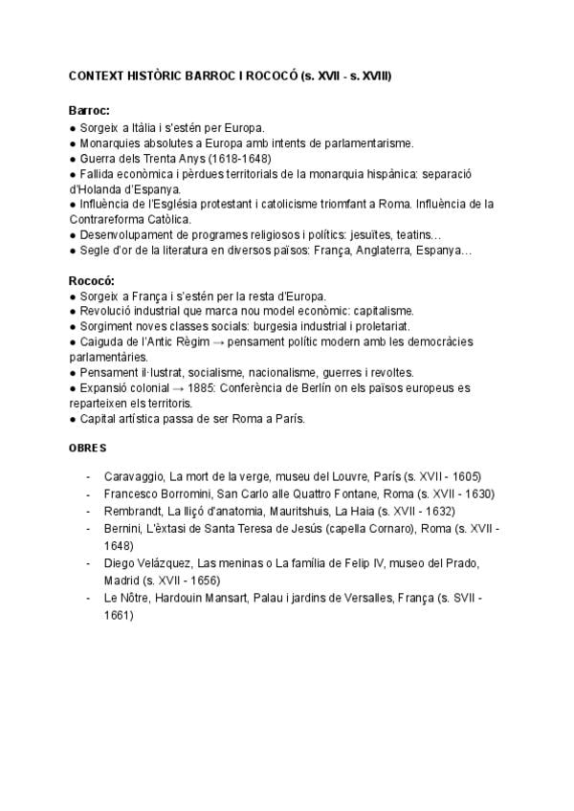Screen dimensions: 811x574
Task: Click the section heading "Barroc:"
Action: (x=90, y=111)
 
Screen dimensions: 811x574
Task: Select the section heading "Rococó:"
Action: (x=92, y=281)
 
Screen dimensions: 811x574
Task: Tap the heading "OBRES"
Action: (x=88, y=448)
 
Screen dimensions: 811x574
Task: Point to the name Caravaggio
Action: (x=133, y=475)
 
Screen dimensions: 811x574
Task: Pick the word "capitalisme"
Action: (x=381, y=311)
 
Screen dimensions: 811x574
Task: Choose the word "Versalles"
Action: (x=353, y=598)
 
